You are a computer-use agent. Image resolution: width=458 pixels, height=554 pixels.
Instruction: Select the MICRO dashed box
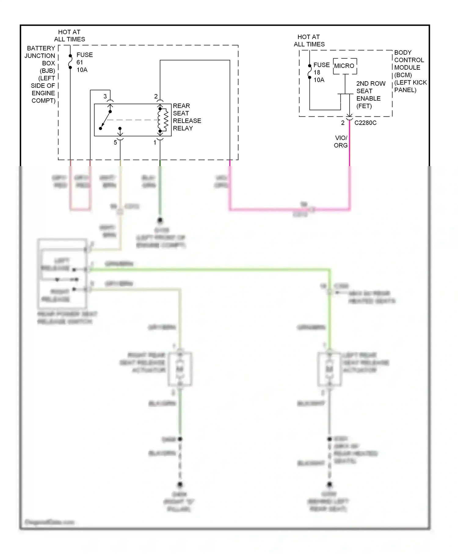click(x=345, y=66)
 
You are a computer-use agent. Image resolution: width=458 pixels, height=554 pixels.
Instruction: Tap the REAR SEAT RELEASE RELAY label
click(x=187, y=117)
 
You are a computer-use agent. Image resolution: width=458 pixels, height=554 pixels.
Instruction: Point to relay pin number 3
click(x=105, y=97)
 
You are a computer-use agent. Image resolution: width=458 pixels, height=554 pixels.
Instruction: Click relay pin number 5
click(x=115, y=143)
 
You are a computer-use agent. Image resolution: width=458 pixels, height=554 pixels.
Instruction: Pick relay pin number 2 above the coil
click(x=156, y=97)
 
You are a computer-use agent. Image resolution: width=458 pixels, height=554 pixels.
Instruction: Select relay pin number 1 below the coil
click(x=155, y=143)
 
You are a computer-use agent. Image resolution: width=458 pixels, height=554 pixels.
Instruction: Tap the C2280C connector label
click(x=365, y=123)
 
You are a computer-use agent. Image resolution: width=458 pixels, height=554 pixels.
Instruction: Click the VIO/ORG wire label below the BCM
click(x=341, y=141)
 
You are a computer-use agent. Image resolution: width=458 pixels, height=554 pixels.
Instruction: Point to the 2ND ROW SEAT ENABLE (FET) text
click(x=370, y=95)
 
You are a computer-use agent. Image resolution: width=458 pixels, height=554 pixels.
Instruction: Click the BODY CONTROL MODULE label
click(x=409, y=71)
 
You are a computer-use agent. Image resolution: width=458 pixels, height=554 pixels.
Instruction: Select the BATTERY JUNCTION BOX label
click(x=42, y=74)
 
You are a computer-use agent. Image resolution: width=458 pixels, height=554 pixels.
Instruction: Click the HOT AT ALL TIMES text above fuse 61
click(x=69, y=35)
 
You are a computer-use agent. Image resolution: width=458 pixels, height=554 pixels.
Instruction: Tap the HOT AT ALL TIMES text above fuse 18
click(x=309, y=40)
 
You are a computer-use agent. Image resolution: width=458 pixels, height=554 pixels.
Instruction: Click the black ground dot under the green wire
click(x=160, y=220)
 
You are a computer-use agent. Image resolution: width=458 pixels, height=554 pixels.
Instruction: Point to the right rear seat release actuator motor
click(x=180, y=369)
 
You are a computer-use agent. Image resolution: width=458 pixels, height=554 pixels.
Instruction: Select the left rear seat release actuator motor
click(x=329, y=369)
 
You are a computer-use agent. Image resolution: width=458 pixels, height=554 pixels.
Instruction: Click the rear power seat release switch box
click(x=62, y=273)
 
